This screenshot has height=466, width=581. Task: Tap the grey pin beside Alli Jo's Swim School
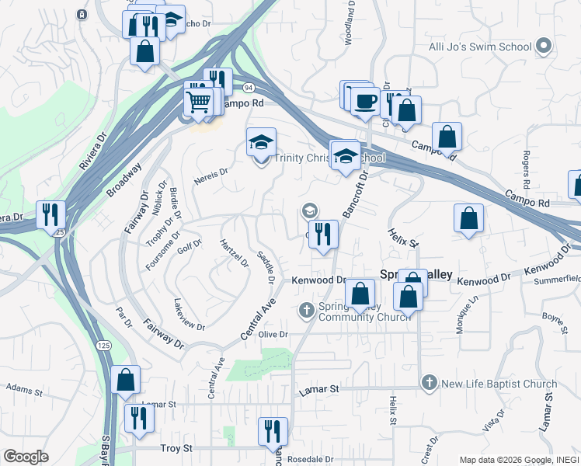click(544, 47)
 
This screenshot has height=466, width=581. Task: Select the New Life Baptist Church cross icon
click(429, 383)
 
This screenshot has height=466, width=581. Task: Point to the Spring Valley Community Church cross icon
click(308, 311)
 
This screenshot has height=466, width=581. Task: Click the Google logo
click(25, 457)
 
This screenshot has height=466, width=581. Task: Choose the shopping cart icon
click(199, 100)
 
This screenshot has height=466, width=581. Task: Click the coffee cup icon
click(365, 100)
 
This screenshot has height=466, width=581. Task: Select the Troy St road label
click(176, 449)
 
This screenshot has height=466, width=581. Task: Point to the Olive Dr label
click(273, 334)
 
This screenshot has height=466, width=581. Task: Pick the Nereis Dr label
click(211, 173)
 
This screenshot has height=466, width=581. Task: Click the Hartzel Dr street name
click(234, 253)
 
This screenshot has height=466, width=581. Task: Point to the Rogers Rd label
click(527, 170)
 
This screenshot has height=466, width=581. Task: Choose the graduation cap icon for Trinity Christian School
click(261, 143)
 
